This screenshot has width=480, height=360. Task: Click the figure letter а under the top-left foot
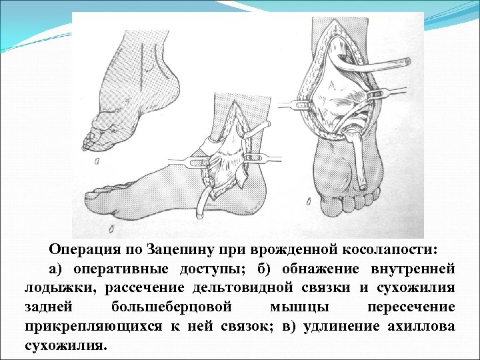(x=98, y=160)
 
